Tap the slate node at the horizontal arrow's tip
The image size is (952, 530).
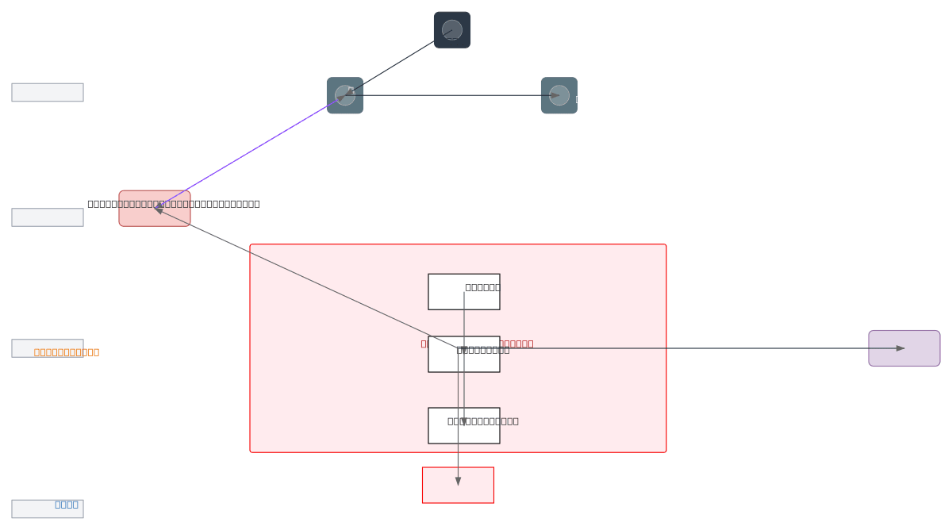[559, 95]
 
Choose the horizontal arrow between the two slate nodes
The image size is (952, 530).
[452, 95]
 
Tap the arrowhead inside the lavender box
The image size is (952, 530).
[900, 348]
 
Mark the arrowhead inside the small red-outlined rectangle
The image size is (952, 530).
[458, 481]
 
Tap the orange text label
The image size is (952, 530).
[67, 352]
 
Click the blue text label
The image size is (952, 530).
[67, 505]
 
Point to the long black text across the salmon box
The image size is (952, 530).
[222, 204]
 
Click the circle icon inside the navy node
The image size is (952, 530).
[452, 29]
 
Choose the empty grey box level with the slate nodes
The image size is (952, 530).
[48, 92]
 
